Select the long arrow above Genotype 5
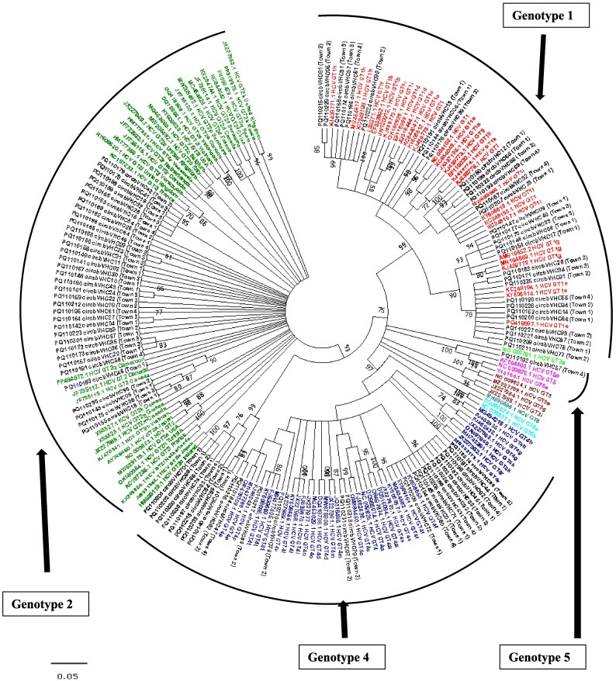coord(576,527)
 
